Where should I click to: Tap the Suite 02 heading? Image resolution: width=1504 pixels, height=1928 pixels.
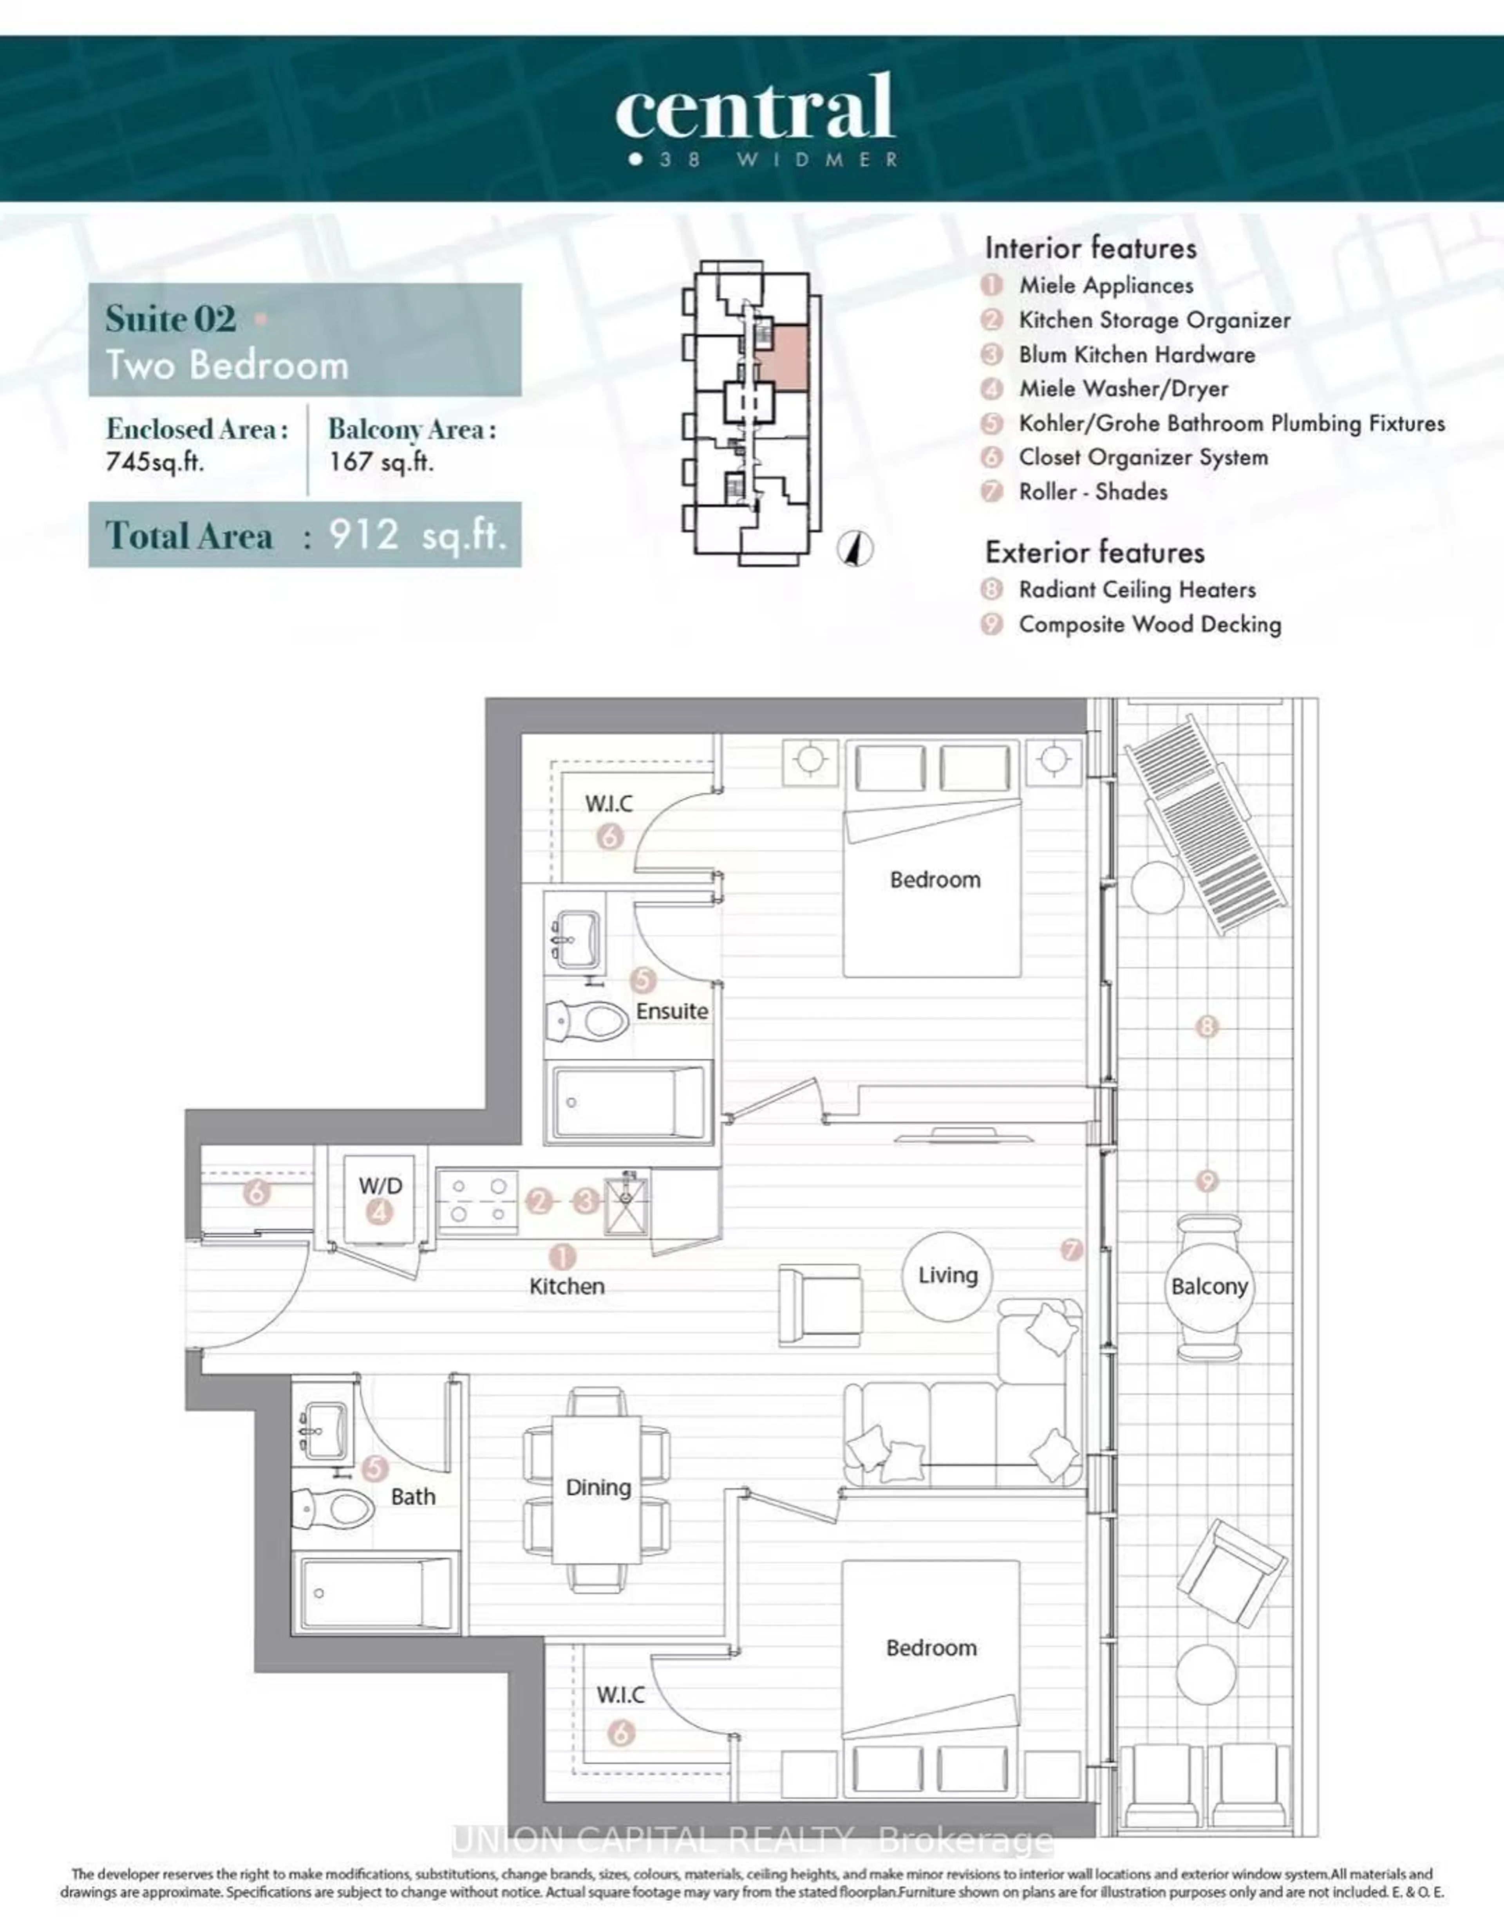click(170, 319)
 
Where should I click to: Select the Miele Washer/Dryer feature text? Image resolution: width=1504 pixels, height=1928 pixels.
click(1123, 388)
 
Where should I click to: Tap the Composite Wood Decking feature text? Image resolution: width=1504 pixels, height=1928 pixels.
click(1150, 624)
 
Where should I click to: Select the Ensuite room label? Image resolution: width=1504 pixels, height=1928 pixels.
click(672, 1011)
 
